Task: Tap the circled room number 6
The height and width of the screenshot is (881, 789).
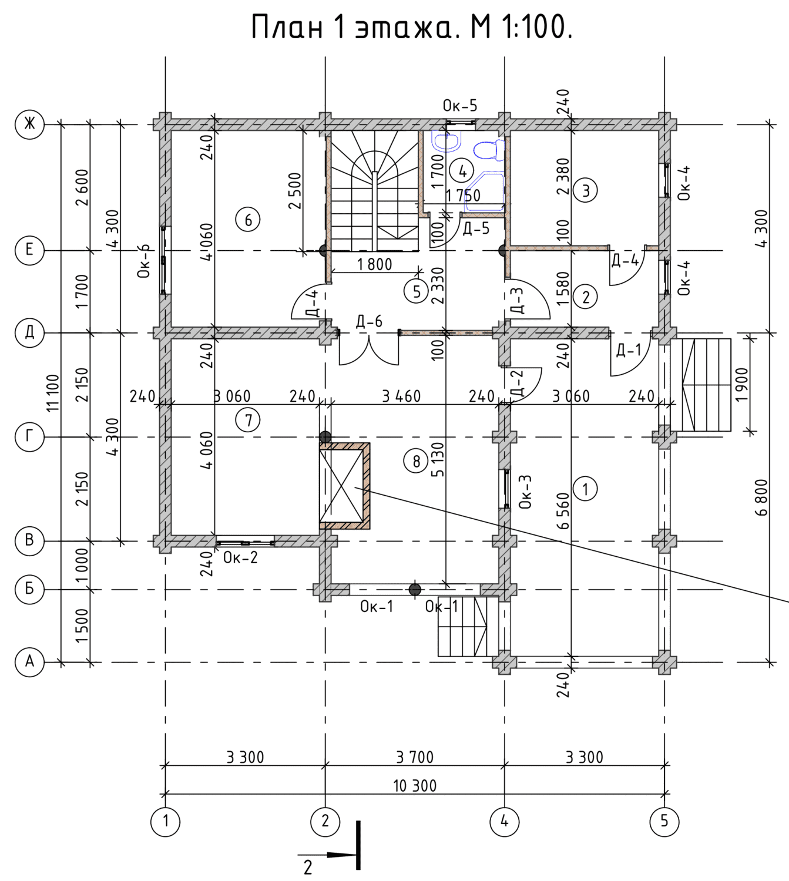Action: [x=248, y=220]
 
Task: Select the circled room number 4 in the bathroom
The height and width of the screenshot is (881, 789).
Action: [x=462, y=172]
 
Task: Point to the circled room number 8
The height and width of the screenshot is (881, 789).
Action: [x=417, y=461]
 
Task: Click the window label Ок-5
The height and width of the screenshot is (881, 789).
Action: [x=460, y=106]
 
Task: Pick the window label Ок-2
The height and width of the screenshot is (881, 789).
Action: [x=240, y=557]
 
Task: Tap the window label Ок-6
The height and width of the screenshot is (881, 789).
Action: [x=144, y=261]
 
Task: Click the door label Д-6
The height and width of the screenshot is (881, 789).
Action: [x=369, y=322]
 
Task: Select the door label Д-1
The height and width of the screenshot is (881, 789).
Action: [x=629, y=349]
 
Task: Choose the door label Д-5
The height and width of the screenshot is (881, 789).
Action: [x=476, y=228]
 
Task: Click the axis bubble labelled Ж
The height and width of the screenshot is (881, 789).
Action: [x=29, y=125]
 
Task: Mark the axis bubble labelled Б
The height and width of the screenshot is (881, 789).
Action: [x=29, y=590]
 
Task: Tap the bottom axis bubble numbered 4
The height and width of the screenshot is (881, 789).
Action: [x=505, y=822]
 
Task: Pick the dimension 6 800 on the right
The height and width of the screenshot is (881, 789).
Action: [x=761, y=497]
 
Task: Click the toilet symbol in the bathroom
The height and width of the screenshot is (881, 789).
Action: [x=488, y=150]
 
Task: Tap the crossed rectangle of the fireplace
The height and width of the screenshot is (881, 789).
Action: [x=341, y=485]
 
